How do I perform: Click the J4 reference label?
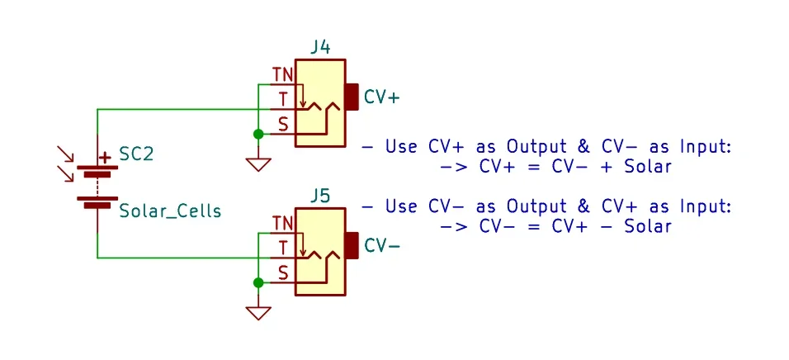click(321, 47)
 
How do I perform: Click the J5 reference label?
click(321, 196)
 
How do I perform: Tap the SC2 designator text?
click(136, 154)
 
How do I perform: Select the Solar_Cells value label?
click(170, 211)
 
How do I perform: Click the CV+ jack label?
click(381, 97)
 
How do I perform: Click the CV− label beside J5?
click(381, 245)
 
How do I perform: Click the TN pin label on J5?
click(282, 224)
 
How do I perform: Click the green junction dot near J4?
click(258, 134)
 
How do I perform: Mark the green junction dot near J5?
click(258, 282)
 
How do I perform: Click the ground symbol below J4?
click(258, 163)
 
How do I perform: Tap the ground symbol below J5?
click(258, 312)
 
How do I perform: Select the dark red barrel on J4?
click(352, 97)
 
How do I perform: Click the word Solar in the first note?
click(645, 167)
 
